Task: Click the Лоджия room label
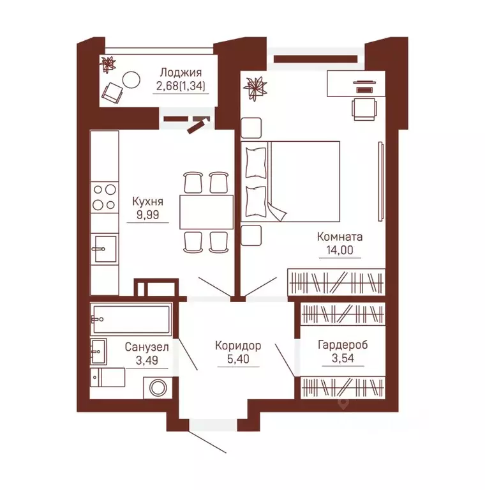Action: [x=181, y=72]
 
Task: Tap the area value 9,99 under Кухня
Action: [x=147, y=215]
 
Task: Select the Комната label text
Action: [x=339, y=236]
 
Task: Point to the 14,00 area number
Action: [x=340, y=250]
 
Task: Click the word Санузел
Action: [x=147, y=346]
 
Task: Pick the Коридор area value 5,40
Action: [x=238, y=359]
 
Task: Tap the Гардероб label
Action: [x=343, y=345]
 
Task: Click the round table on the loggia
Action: [x=131, y=80]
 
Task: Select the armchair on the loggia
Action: [x=112, y=92]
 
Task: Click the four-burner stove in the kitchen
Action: [x=105, y=197]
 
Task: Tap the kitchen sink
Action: [x=105, y=249]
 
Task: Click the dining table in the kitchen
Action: [x=206, y=212]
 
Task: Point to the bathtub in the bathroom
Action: [x=131, y=319]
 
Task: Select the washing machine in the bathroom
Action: [x=158, y=388]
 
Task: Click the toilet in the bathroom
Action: [x=108, y=377]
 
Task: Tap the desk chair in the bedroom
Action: [x=364, y=109]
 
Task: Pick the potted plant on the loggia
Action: [x=108, y=65]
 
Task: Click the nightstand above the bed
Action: [x=251, y=128]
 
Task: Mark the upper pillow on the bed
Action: [x=256, y=163]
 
